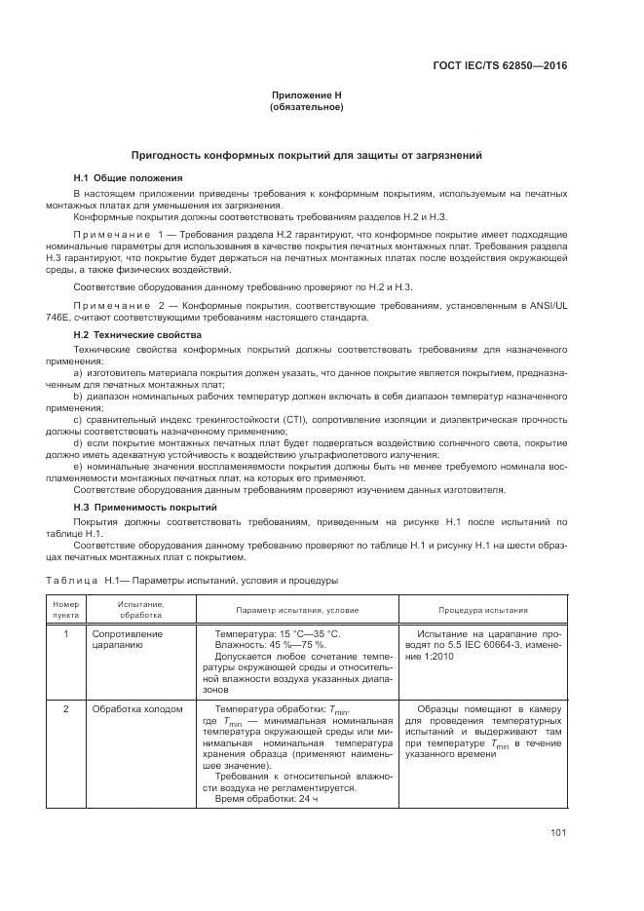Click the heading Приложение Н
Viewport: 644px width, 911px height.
point(306,95)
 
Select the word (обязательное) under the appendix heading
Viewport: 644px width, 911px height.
point(306,106)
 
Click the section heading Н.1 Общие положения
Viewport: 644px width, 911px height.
point(128,178)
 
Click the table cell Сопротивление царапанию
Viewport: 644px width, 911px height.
point(127,639)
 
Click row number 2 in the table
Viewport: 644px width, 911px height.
point(64,709)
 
